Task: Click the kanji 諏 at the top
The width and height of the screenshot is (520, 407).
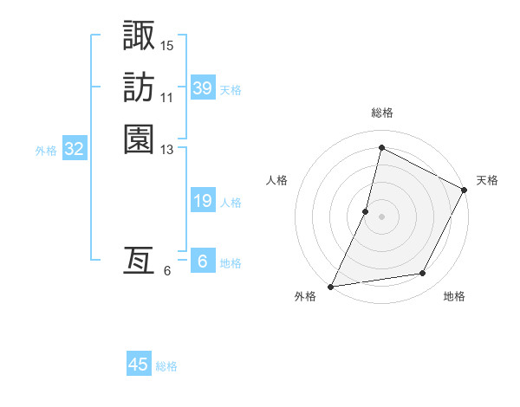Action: (139, 36)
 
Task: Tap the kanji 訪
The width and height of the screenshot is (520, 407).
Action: (139, 87)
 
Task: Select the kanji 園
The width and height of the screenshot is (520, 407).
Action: (139, 139)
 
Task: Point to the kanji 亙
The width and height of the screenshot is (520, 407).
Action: (139, 261)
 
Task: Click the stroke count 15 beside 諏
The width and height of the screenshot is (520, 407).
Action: (167, 45)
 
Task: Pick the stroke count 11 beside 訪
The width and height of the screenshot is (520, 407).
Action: (167, 97)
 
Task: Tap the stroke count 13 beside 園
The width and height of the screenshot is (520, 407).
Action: (167, 149)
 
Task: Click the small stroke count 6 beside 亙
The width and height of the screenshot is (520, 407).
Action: (167, 270)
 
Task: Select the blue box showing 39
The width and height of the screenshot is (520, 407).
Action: (203, 88)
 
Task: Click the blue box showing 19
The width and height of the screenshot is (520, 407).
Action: (203, 201)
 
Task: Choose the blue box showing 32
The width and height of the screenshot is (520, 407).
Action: (75, 149)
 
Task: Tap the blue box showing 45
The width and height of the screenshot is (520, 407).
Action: (139, 365)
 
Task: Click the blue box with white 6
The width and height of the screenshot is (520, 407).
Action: (203, 262)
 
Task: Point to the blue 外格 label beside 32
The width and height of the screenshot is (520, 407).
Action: (46, 150)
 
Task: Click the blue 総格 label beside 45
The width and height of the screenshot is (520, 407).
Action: (166, 366)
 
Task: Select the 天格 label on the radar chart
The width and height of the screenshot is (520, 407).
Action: (487, 180)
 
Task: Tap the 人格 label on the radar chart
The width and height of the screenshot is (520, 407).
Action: (277, 180)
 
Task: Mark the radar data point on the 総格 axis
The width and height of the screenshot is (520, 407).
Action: (381, 147)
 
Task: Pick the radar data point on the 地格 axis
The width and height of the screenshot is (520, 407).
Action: (423, 274)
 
